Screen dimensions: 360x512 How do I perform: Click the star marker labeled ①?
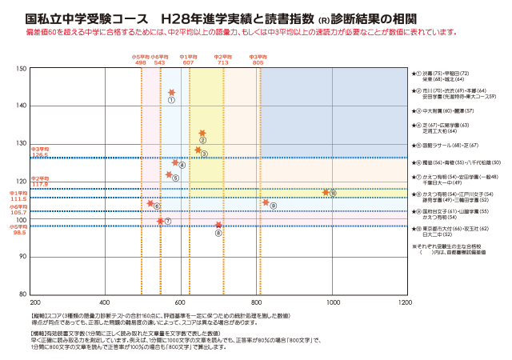point(171,93)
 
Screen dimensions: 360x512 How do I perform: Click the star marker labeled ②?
point(202,133)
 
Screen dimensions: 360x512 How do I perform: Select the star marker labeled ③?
point(198,150)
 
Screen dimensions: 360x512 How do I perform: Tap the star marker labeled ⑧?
point(218,226)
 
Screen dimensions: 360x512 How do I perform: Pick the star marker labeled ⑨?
point(266,202)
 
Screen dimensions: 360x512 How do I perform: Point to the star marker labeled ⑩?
point(326,192)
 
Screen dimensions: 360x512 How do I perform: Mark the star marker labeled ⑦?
point(161,220)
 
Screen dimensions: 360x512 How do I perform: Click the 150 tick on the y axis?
point(23,69)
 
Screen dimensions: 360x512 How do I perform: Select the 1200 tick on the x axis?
point(405,303)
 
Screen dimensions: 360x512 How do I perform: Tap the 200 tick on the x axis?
point(35,303)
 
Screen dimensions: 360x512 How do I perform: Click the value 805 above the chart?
point(258,62)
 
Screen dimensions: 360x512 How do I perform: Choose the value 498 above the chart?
point(141,62)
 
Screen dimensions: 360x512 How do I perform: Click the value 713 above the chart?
point(222,62)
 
